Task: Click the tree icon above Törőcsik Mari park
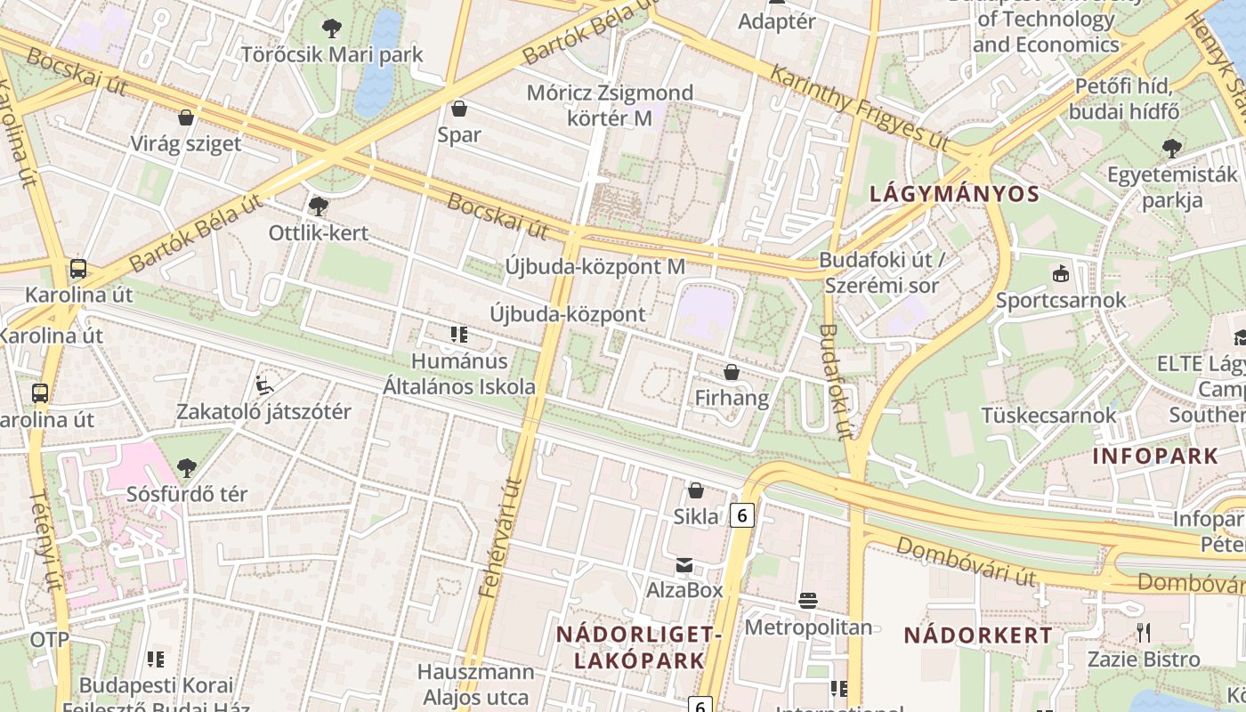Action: [x=332, y=28]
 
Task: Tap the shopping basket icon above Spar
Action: [x=459, y=109]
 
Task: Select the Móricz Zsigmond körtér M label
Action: [x=610, y=105]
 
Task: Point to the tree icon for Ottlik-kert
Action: [x=318, y=206]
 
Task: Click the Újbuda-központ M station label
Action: [x=595, y=266]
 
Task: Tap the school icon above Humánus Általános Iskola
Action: [x=459, y=335]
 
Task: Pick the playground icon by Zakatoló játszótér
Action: [x=263, y=385]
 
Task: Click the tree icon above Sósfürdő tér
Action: [x=186, y=467]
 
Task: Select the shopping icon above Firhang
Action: [x=732, y=372]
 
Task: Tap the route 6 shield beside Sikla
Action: [x=743, y=514]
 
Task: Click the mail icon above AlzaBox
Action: [x=684, y=564]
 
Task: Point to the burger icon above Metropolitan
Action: [x=808, y=601]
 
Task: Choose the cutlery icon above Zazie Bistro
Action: [x=1144, y=633]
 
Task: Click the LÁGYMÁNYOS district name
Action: [x=954, y=194]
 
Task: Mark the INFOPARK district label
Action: [x=1155, y=457]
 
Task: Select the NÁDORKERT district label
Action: [x=978, y=635]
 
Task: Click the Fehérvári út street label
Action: [x=499, y=538]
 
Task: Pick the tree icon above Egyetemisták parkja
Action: [x=1172, y=148]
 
